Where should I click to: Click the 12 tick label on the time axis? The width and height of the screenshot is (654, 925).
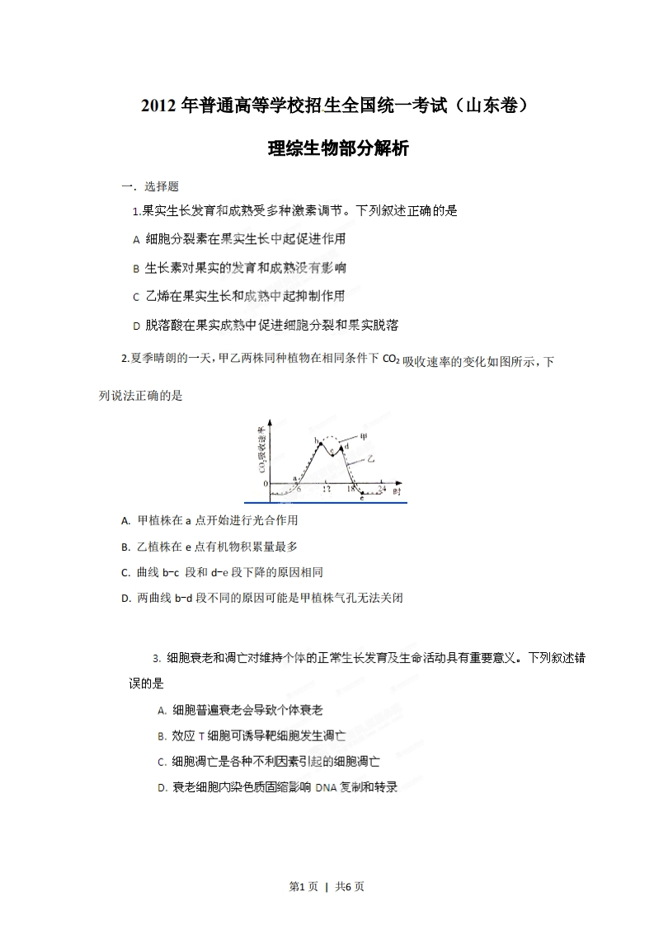point(327,490)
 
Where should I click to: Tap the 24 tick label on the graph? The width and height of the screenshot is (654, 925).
point(382,490)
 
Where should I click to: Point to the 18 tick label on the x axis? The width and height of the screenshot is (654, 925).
point(351,490)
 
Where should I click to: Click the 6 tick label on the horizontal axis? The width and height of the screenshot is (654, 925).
point(299,490)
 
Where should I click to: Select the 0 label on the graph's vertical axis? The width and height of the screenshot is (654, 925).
point(265,483)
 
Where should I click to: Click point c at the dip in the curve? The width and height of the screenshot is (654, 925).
point(332,452)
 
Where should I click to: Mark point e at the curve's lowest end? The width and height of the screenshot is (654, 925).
point(362,497)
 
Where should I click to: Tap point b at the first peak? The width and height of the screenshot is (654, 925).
point(318,442)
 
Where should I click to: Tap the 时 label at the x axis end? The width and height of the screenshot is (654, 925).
point(397,491)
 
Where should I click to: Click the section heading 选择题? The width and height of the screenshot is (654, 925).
point(162,186)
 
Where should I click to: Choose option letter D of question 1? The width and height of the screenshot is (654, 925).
point(136,326)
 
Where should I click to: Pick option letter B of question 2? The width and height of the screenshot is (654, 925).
point(125,547)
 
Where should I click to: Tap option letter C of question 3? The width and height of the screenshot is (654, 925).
point(162,762)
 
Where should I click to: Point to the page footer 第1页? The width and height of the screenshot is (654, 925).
point(302,886)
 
